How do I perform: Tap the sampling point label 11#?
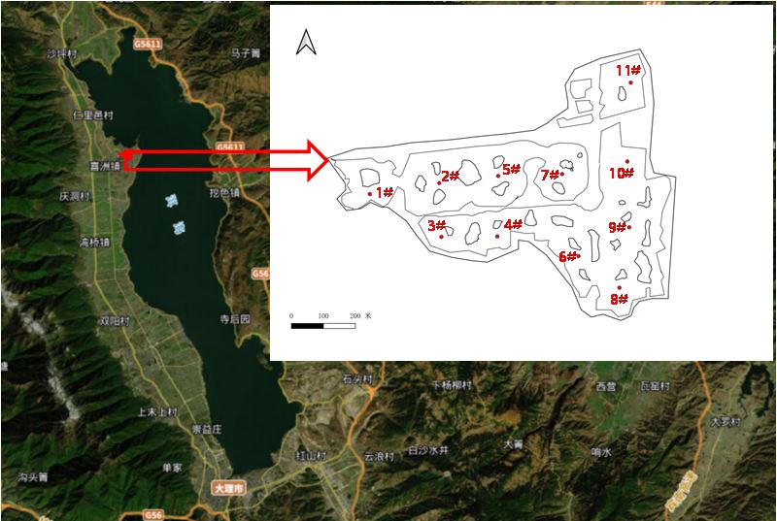(627, 70)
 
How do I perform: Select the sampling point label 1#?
(384, 192)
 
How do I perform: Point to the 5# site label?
(512, 169)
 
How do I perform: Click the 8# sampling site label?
(620, 299)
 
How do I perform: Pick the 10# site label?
(622, 173)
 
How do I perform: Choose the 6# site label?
(568, 256)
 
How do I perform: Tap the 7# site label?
(550, 175)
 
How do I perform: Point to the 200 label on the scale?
(355, 316)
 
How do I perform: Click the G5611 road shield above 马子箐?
(149, 44)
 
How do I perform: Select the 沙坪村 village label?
(62, 53)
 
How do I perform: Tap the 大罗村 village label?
(725, 422)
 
